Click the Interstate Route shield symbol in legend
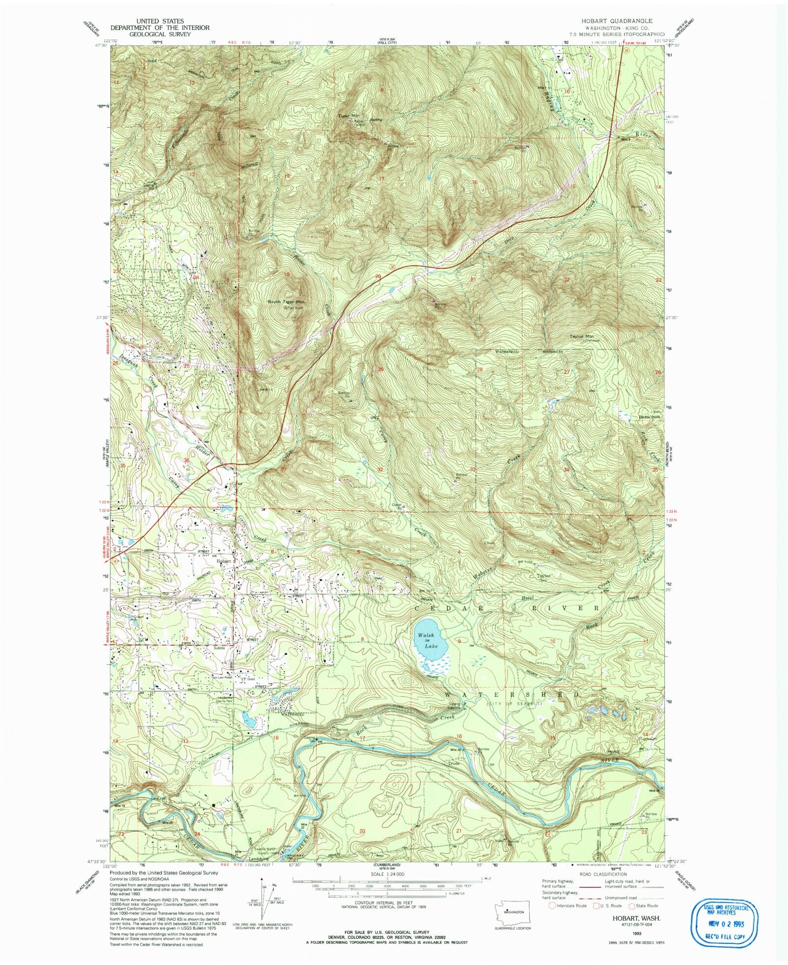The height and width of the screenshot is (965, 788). pyautogui.click(x=552, y=905)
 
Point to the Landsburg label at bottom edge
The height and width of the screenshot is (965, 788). pyautogui.click(x=246, y=860)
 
